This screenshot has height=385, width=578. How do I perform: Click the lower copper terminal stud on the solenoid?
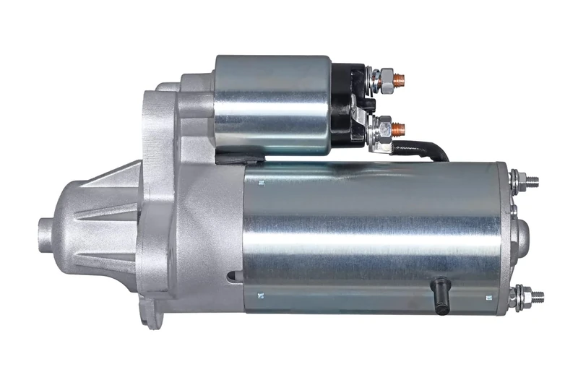(399, 130)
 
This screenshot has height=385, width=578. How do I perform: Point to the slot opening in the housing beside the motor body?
(233, 276)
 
